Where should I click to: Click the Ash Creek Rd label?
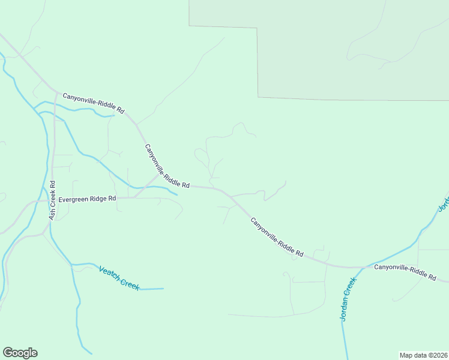point(52,200)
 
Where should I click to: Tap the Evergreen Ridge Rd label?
point(87,199)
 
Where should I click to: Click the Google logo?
point(20,353)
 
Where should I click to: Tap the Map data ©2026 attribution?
point(423,355)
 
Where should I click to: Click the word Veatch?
point(109,273)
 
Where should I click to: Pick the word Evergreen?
point(75,199)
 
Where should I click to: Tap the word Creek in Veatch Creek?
point(130,283)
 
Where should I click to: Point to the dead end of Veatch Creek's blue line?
point(163,289)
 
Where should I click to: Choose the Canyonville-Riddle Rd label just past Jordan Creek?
point(405,271)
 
